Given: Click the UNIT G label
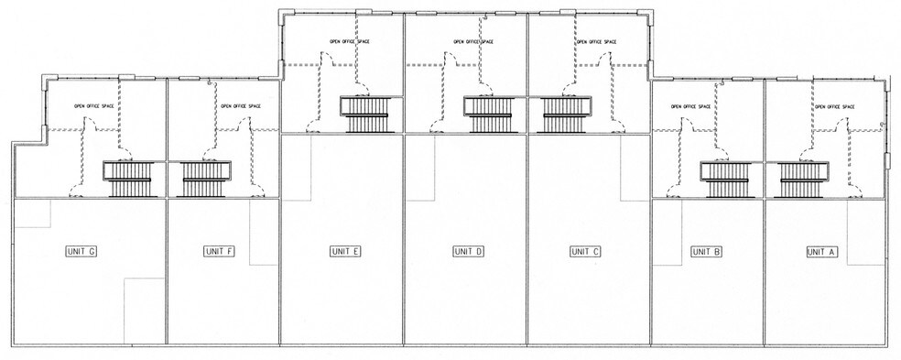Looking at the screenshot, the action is [x=81, y=251].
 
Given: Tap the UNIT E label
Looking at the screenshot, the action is [x=346, y=251].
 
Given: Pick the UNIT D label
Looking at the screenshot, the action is [x=469, y=251].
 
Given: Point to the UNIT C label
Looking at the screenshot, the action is [x=586, y=251].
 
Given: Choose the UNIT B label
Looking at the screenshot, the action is [x=707, y=251].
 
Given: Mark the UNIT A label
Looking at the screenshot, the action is [x=822, y=251].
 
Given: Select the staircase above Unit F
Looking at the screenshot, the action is [x=206, y=179].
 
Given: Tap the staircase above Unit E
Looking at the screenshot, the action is [x=365, y=114].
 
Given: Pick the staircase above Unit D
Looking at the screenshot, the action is [x=489, y=114].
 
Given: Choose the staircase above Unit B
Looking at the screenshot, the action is [x=725, y=180].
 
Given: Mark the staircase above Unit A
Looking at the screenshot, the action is [x=803, y=180].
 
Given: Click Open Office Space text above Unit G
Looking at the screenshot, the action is [x=94, y=106].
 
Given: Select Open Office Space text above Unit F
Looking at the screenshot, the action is [x=241, y=106].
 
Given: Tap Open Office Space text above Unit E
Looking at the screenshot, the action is [x=350, y=41].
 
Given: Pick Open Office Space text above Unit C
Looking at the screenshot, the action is [x=596, y=41].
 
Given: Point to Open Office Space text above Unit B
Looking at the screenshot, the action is [x=690, y=106].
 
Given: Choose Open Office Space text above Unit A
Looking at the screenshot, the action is [x=834, y=106].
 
